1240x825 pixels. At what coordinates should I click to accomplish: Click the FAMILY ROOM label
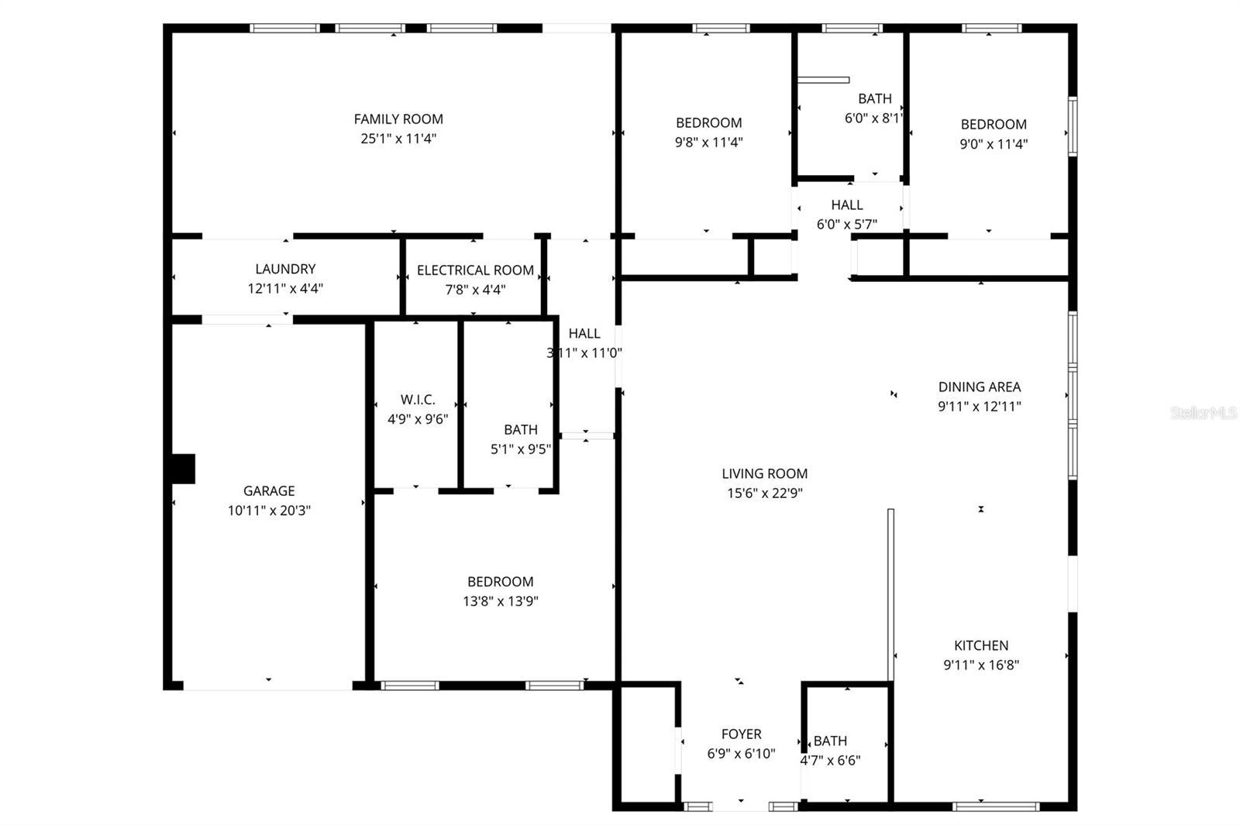[x=398, y=119]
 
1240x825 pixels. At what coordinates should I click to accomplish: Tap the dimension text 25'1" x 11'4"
[x=398, y=139]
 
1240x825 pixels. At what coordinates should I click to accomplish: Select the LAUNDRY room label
[x=285, y=269]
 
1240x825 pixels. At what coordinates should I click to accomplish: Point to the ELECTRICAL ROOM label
[x=475, y=270]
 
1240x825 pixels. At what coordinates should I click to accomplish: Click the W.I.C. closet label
[x=418, y=400]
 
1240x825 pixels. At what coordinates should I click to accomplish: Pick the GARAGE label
[x=269, y=490]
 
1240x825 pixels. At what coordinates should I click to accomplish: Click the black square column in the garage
[x=183, y=469]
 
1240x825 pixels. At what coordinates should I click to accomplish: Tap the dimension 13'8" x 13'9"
[x=500, y=601]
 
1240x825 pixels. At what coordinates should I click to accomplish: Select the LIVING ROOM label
[x=764, y=473]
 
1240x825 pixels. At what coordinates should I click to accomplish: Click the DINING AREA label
[x=980, y=387]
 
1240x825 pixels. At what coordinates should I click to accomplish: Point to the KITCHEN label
[x=981, y=645]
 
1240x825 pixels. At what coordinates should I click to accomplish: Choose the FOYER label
[x=741, y=734]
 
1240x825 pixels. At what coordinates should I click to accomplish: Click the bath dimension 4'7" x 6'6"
[x=830, y=760]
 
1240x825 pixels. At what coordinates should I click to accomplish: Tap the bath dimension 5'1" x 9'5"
[x=521, y=449]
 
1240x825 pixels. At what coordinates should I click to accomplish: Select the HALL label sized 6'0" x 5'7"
[x=847, y=205]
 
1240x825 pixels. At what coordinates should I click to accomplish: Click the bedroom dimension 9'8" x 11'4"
[x=708, y=143]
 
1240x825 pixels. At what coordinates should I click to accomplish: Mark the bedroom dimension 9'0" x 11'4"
[x=994, y=144]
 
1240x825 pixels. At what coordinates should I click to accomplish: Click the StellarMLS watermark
[x=1204, y=413]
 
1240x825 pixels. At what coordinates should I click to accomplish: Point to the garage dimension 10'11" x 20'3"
[x=269, y=510]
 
